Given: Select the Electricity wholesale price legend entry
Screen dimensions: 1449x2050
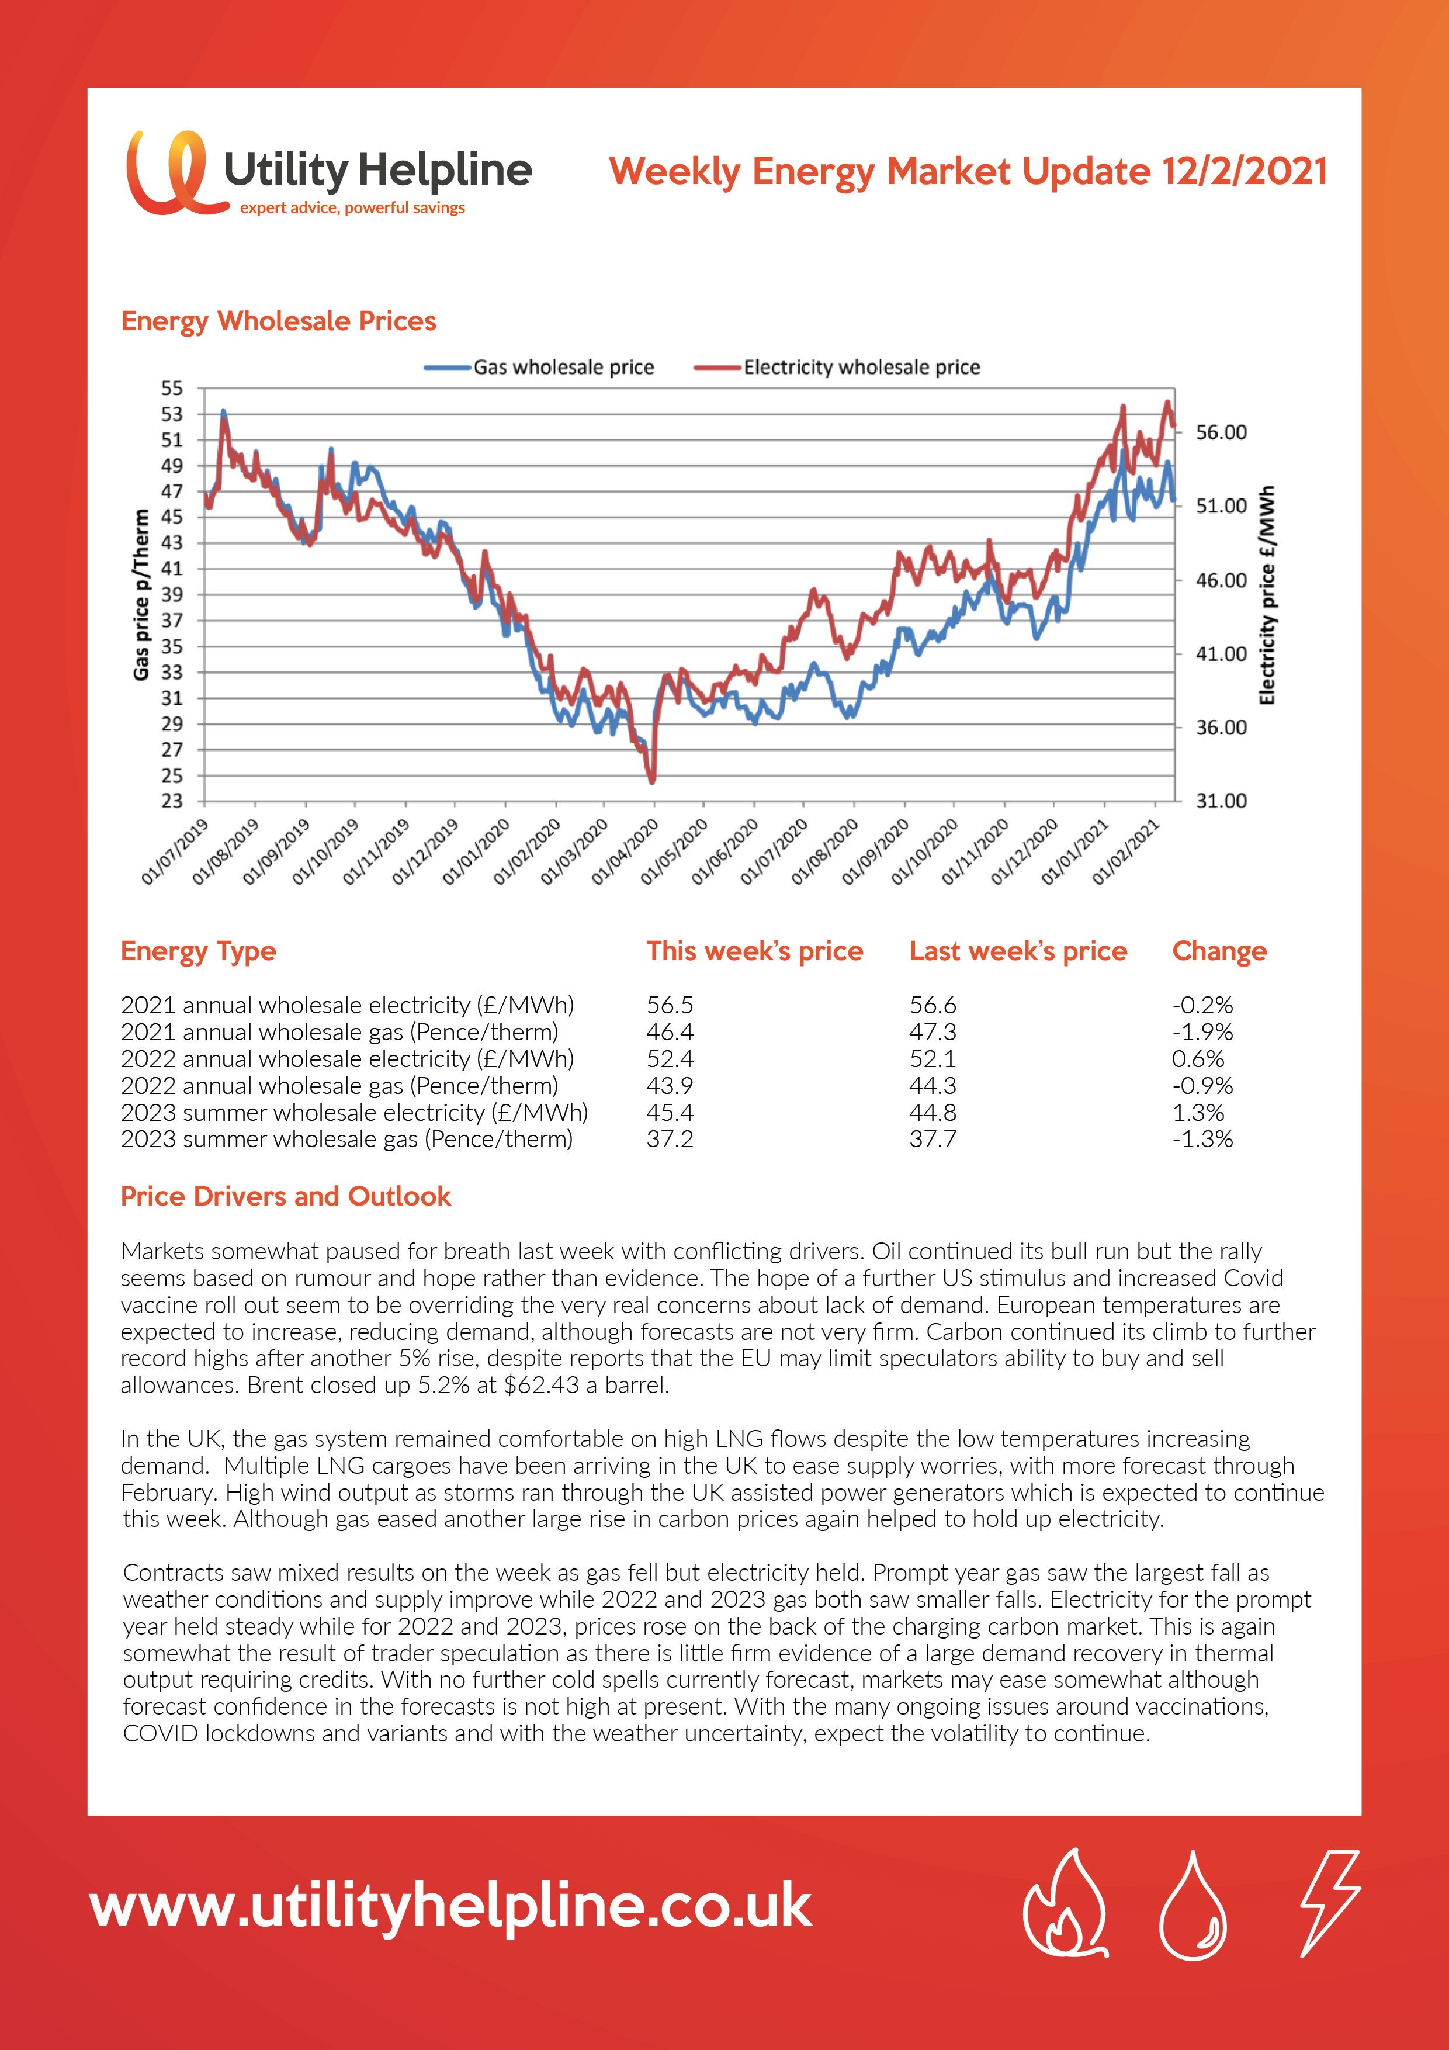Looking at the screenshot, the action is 837,367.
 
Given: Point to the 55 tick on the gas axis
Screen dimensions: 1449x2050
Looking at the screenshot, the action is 171,389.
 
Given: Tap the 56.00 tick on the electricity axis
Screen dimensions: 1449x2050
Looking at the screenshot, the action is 1221,432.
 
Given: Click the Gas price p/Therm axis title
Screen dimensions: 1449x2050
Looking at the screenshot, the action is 141,595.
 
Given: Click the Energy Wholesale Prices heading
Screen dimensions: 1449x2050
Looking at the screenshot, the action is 279,321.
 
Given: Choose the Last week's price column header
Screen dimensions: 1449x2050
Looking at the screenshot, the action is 1018,951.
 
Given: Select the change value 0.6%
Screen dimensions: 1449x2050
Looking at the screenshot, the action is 1198,1059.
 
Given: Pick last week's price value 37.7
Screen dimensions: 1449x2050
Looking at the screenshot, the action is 933,1140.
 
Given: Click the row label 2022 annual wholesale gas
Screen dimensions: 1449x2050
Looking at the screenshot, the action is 339,1086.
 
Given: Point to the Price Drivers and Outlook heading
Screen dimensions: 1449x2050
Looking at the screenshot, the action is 286,1196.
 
